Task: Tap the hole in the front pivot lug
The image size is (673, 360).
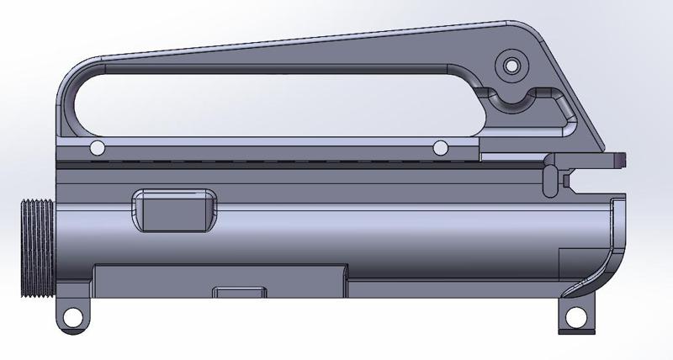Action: (x=72, y=317)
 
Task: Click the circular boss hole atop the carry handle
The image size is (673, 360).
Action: (x=509, y=64)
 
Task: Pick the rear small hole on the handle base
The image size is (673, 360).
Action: (x=439, y=149)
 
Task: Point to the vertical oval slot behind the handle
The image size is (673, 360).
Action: (x=549, y=177)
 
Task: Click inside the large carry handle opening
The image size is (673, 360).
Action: (x=252, y=101)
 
